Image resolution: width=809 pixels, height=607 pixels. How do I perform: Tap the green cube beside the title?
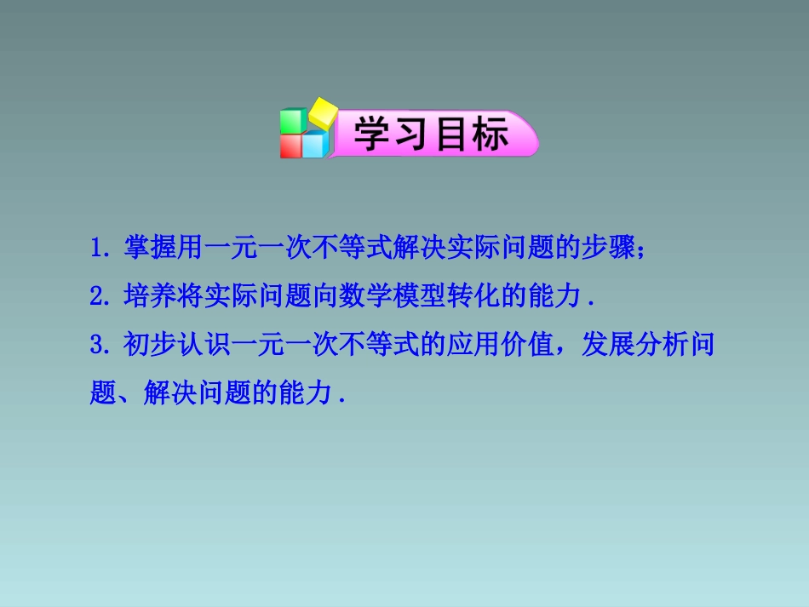(x=293, y=121)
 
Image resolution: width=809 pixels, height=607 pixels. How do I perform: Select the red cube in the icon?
(x=291, y=146)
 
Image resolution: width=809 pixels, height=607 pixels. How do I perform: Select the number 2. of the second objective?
(x=100, y=297)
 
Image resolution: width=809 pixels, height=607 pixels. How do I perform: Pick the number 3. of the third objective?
(x=100, y=346)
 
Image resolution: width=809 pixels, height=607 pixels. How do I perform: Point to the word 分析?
(x=661, y=346)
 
